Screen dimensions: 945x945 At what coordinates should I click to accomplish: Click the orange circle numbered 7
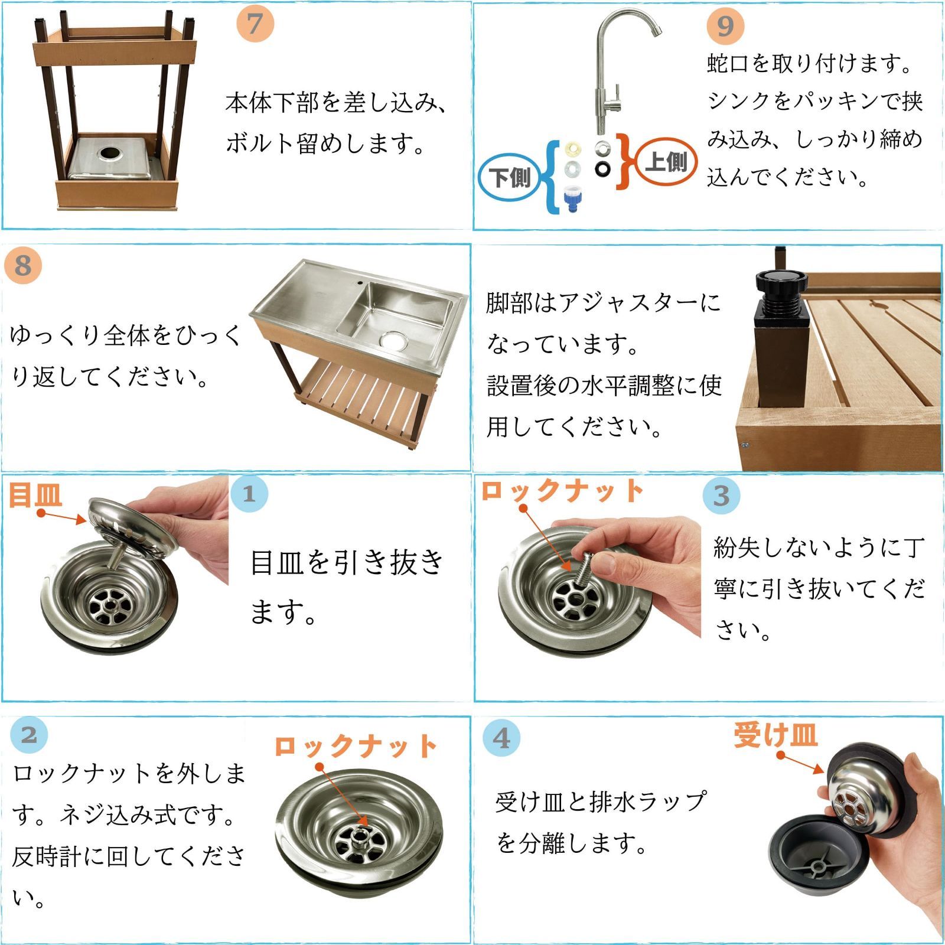click(255, 24)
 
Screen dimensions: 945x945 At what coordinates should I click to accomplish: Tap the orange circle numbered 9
click(725, 26)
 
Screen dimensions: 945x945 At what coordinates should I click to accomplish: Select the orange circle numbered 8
click(23, 266)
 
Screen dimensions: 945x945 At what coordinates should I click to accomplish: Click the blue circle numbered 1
click(249, 493)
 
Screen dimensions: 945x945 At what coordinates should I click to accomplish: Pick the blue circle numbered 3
click(721, 496)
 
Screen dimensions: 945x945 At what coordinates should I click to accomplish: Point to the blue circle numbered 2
click(29, 735)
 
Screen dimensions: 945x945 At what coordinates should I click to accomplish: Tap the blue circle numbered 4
click(501, 738)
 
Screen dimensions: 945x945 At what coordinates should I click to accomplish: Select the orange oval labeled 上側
click(666, 162)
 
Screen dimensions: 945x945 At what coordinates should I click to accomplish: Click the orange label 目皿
click(35, 495)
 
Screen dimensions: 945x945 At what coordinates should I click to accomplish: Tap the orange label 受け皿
click(775, 735)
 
